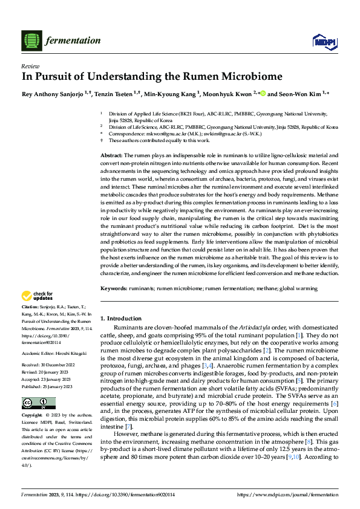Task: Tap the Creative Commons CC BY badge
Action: (34, 403)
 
